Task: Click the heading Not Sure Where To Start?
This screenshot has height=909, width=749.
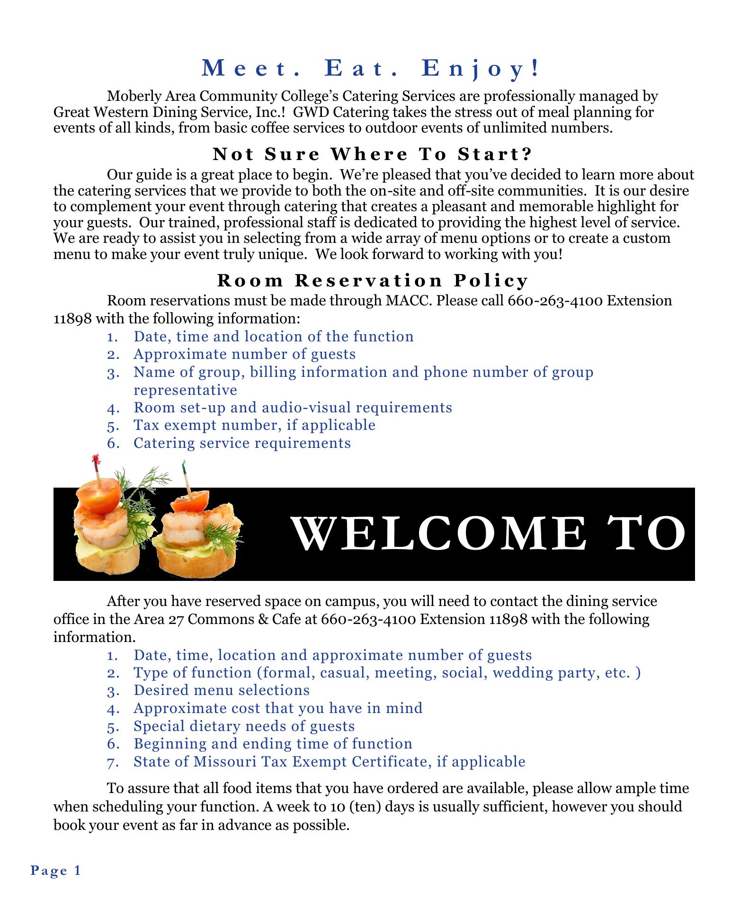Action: coord(373,154)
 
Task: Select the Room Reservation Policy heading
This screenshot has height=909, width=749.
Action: coord(372,281)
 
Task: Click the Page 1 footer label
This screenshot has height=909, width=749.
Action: coord(56,870)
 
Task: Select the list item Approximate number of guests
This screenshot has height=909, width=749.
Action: coord(244,354)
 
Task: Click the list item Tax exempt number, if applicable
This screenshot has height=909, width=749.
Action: coord(254,425)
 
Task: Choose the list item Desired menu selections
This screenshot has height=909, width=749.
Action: coord(222,690)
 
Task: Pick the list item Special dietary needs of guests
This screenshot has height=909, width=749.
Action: coord(244,726)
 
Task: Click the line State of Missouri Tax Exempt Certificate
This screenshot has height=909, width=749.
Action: coord(329,761)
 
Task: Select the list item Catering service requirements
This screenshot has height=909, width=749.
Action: coord(242,443)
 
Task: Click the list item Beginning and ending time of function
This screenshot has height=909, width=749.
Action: coord(273,744)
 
